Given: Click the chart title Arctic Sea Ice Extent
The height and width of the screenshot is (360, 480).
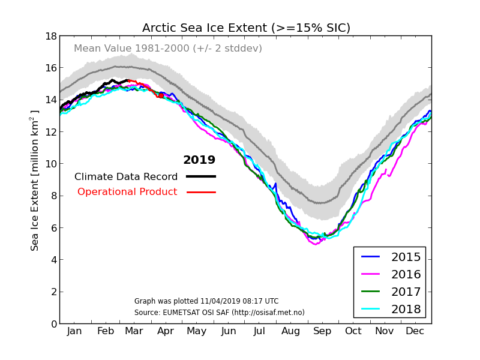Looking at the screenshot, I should click(246, 28).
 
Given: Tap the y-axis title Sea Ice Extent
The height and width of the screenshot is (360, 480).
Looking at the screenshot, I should click(35, 180).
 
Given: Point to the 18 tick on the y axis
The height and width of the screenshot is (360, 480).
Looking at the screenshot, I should click(50, 36).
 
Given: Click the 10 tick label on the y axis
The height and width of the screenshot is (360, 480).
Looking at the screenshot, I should click(50, 164).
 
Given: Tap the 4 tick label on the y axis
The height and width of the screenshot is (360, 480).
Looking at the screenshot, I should click(53, 260).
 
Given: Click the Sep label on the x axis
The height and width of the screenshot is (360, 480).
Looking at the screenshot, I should click(322, 331).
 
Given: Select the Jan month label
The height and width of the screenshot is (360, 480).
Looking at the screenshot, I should click(74, 331).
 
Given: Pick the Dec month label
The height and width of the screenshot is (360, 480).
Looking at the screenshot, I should click(415, 331).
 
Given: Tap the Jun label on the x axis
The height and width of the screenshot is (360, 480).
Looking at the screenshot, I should click(229, 331).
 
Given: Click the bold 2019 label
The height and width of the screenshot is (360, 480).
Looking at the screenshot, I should click(199, 160).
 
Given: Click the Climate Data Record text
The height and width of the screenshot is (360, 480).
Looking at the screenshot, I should click(126, 177).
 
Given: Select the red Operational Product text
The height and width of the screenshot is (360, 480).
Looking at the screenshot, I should click(127, 192).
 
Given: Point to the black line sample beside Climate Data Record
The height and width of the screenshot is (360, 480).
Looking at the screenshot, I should click(201, 176).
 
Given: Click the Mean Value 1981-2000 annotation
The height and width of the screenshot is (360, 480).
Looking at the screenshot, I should click(168, 49).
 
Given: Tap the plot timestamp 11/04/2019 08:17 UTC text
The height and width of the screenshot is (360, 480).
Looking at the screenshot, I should click(206, 301).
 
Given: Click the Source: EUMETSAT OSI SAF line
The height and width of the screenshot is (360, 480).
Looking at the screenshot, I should click(220, 313).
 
